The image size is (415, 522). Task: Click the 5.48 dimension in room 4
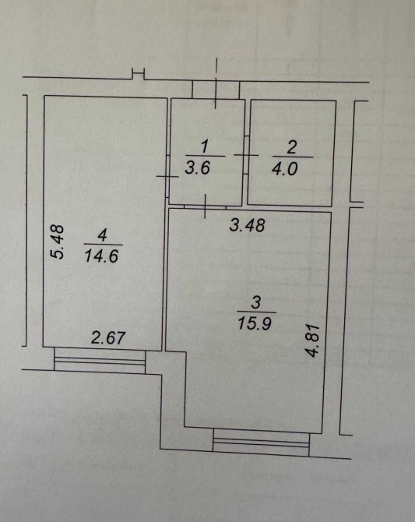(x=57, y=242)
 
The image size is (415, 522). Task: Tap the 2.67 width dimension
(x=108, y=338)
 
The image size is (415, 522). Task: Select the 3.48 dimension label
(x=248, y=225)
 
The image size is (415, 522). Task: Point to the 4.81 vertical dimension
(x=314, y=340)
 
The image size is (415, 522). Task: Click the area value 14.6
(x=101, y=256)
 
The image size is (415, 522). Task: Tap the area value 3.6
(x=197, y=168)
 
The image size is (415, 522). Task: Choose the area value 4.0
(x=284, y=169)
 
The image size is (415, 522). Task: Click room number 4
(x=103, y=235)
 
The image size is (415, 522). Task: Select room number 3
(x=256, y=303)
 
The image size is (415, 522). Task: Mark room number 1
(x=205, y=146)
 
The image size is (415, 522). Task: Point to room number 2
(x=291, y=147)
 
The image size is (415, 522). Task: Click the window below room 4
(x=100, y=360)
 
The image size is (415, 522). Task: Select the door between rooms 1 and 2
(x=246, y=155)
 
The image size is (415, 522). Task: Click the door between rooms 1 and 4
(x=167, y=177)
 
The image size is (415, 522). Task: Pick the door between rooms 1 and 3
(x=205, y=206)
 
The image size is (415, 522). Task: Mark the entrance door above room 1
(x=216, y=90)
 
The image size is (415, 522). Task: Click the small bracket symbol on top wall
(x=139, y=73)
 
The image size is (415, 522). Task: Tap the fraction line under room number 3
(x=257, y=312)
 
